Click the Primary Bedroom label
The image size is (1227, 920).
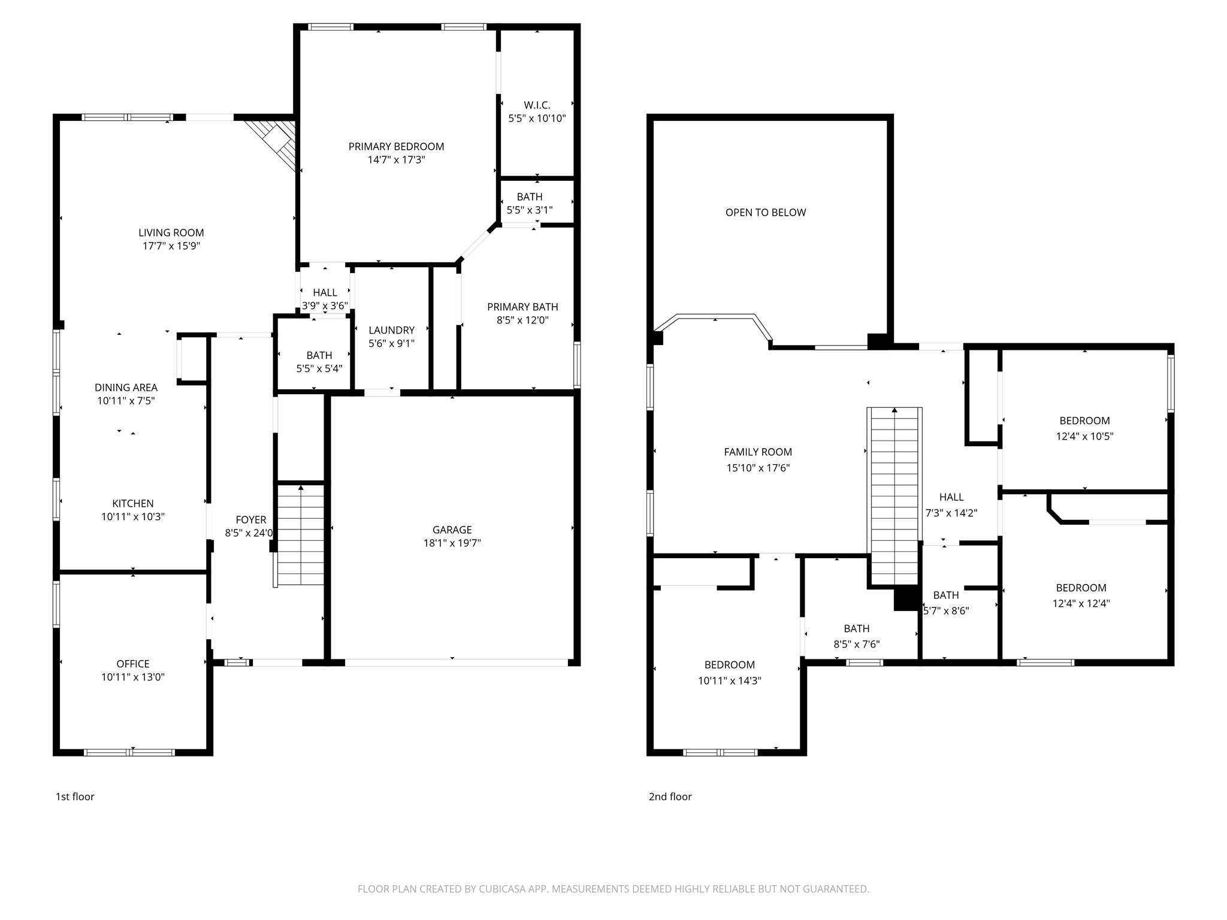pos(396,147)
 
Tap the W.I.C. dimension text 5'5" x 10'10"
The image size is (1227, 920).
pos(537,119)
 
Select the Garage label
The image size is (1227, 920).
pos(452,530)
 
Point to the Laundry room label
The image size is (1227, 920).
pos(391,331)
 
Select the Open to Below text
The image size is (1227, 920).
pos(765,213)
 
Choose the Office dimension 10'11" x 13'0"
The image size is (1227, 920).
pos(133,677)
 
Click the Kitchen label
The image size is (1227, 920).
pos(133,504)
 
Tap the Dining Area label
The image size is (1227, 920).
pos(126,388)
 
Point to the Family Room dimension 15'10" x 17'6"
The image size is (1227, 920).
pos(758,468)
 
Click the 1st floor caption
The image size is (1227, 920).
pos(75,797)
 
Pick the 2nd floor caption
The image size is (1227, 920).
pos(670,797)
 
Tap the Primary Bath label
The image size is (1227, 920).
pos(522,307)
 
